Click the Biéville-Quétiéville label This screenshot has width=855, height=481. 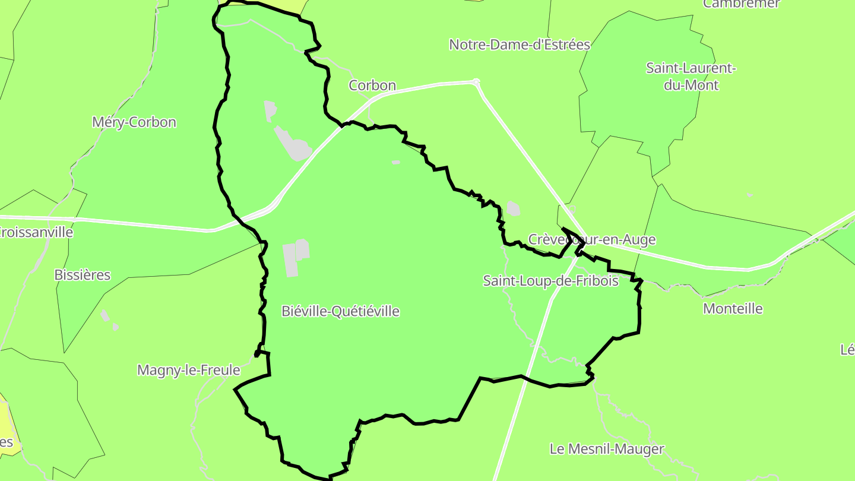pyautogui.click(x=340, y=311)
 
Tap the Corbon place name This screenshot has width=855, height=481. pyautogui.click(x=372, y=86)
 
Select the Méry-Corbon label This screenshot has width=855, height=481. pyautogui.click(x=134, y=122)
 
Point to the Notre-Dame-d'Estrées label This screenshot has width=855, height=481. pyautogui.click(x=520, y=45)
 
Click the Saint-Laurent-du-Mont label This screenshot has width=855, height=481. pyautogui.click(x=691, y=77)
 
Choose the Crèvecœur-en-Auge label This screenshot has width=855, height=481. pyautogui.click(x=592, y=239)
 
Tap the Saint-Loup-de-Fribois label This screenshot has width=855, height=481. pyautogui.click(x=550, y=280)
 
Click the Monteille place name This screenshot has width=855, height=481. pyautogui.click(x=733, y=309)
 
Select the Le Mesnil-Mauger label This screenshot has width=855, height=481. pyautogui.click(x=607, y=449)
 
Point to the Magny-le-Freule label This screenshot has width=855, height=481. pyautogui.click(x=189, y=370)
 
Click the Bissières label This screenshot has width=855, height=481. pyautogui.click(x=83, y=275)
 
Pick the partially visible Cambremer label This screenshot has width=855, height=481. pyautogui.click(x=741, y=4)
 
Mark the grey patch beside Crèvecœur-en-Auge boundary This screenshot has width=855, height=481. pyautogui.click(x=513, y=208)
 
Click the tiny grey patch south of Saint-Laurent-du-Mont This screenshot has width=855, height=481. pyautogui.click(x=750, y=195)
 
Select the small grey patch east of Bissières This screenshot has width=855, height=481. pyautogui.click(x=105, y=315)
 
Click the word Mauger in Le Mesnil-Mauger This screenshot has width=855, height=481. pyautogui.click(x=637, y=449)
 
